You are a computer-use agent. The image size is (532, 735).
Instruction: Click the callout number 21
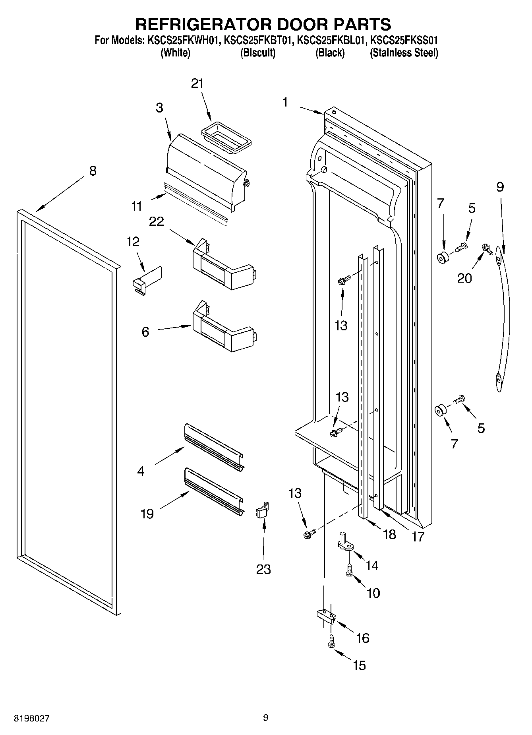click(197, 83)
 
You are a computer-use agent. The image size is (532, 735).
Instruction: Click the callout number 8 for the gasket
click(93, 171)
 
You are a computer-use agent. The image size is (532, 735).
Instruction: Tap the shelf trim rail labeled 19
click(214, 492)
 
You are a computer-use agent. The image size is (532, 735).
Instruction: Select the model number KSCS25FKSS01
click(404, 41)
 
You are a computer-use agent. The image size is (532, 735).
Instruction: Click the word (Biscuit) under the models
click(257, 53)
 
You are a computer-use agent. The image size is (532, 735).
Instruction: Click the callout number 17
click(418, 537)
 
